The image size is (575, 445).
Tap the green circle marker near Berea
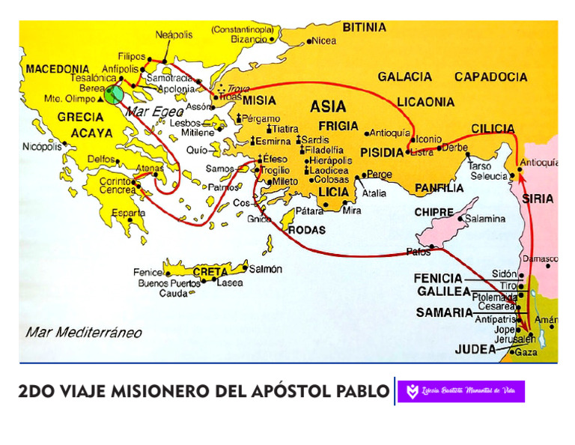113,94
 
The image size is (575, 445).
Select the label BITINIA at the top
365,28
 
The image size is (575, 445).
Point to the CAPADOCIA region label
490,76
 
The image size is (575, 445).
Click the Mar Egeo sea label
148,112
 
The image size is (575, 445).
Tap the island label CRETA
210,271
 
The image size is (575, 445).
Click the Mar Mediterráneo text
83,332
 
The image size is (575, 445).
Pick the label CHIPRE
434,213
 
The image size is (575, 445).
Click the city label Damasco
540,259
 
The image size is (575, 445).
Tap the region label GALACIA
404,76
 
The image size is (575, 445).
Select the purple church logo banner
460,391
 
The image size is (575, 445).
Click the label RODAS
307,230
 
